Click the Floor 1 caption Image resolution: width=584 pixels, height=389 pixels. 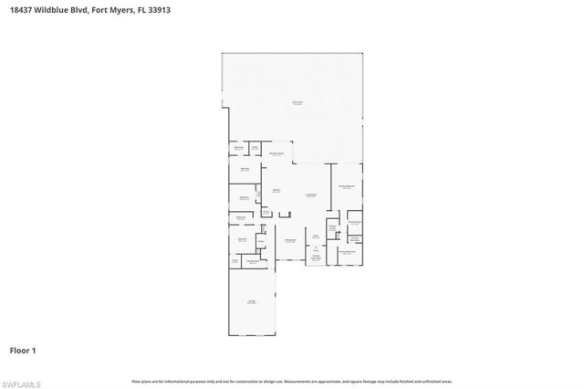click(23, 350)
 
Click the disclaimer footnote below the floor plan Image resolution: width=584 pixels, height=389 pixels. click(291, 381)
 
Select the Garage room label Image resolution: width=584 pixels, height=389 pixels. click(251, 302)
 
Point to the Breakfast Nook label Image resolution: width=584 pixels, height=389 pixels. click(276, 155)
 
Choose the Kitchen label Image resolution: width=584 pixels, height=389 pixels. click(276, 190)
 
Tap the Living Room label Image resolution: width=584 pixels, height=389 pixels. click(310, 194)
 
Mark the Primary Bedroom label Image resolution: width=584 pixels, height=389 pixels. click(346, 186)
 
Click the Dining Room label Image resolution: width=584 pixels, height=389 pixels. click(290, 239)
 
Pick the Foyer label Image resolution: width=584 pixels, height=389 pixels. click(315, 236)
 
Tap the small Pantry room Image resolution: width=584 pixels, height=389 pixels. click(260, 242)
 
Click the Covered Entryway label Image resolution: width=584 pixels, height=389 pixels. click(315, 257)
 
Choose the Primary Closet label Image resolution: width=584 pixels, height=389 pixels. click(356, 222)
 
